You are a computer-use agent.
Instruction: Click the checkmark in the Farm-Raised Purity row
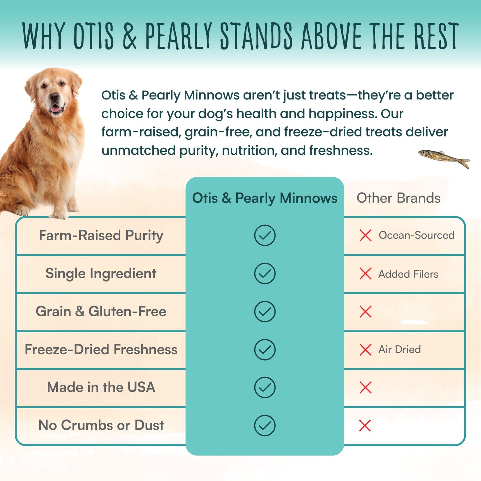265,235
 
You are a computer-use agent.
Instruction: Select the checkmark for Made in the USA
265,387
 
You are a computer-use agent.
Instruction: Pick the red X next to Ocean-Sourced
365,235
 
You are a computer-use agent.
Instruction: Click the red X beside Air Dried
365,350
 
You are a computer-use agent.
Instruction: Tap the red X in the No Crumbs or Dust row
365,425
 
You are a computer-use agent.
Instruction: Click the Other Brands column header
398,198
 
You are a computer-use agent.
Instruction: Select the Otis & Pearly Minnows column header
265,198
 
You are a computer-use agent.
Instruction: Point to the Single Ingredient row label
101,274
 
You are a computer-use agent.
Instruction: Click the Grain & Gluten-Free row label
101,312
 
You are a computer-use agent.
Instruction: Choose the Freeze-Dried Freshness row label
101,350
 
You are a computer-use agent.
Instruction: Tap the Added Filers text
408,274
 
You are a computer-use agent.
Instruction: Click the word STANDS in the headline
256,36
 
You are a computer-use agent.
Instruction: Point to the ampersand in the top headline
130,36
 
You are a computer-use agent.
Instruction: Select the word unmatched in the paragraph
138,151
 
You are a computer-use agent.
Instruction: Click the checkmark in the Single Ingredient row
265,274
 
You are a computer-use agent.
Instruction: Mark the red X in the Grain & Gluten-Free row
365,312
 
